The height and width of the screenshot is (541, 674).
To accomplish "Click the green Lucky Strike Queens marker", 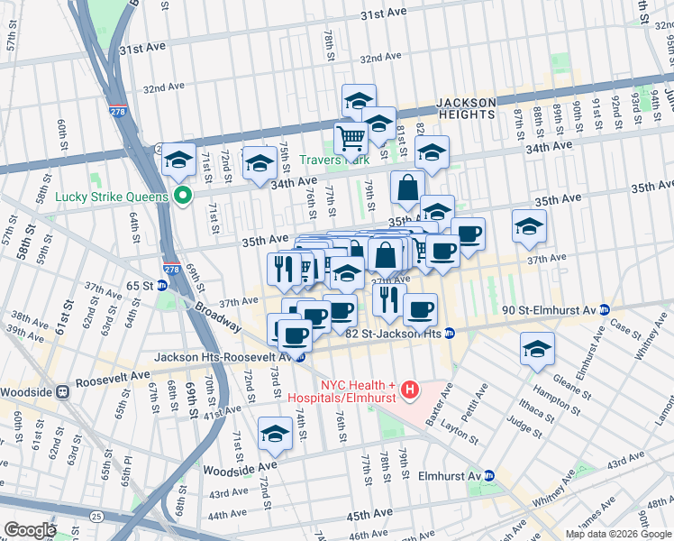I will tap(184, 196).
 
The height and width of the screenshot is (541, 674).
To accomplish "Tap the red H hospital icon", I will tap(410, 389).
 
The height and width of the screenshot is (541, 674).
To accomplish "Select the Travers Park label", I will tap(348, 160).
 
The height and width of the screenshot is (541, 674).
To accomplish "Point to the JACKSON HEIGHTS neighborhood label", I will tap(466, 108).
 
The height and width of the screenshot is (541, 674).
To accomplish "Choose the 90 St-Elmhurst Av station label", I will tap(552, 310).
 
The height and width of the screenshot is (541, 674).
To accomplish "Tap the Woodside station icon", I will tap(63, 392).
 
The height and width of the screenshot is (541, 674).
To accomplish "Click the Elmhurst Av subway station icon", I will tap(488, 475).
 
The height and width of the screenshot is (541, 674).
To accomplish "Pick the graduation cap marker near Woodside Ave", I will tap(275, 434).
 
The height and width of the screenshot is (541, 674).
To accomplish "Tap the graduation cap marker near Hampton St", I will tap(537, 348).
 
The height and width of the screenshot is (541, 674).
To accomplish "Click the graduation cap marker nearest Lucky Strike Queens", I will tap(178, 159).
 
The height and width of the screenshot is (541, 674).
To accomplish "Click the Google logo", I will tap(30, 530).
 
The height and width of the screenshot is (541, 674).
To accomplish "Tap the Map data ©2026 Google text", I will tap(618, 534).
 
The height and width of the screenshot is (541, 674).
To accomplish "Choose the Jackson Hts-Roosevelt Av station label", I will tap(220, 357).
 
